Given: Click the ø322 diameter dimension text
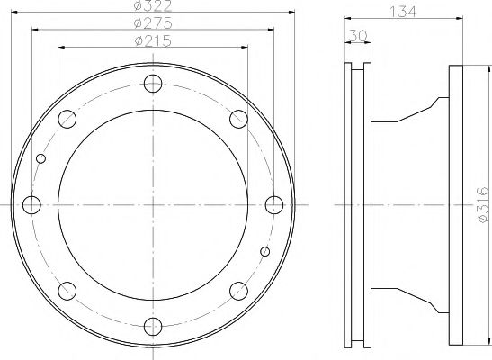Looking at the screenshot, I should point(152,7).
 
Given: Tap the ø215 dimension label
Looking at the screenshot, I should point(152,41).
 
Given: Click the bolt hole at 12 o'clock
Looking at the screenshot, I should point(153,85).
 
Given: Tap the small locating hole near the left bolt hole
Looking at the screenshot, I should point(40,160).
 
